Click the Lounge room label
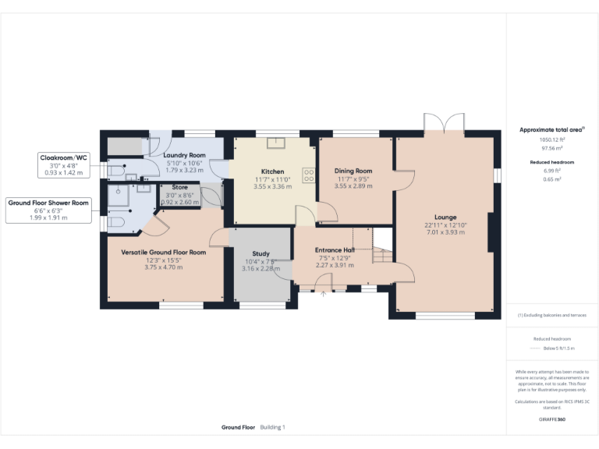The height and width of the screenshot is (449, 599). tap(445, 217)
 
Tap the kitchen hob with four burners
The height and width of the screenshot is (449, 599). tap(308, 175)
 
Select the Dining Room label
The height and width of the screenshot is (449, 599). tap(353, 171)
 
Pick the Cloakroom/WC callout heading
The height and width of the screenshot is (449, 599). tap(65, 157)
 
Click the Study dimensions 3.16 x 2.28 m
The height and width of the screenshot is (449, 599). tap(261, 269)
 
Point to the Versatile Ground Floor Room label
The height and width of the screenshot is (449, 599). tap(163, 253)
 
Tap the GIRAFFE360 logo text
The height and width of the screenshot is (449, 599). tap(552, 419)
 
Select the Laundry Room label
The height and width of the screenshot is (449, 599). tap(184, 155)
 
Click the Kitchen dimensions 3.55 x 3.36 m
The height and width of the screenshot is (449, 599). tap(272, 186)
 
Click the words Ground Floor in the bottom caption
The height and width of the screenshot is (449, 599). tap(238, 427)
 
